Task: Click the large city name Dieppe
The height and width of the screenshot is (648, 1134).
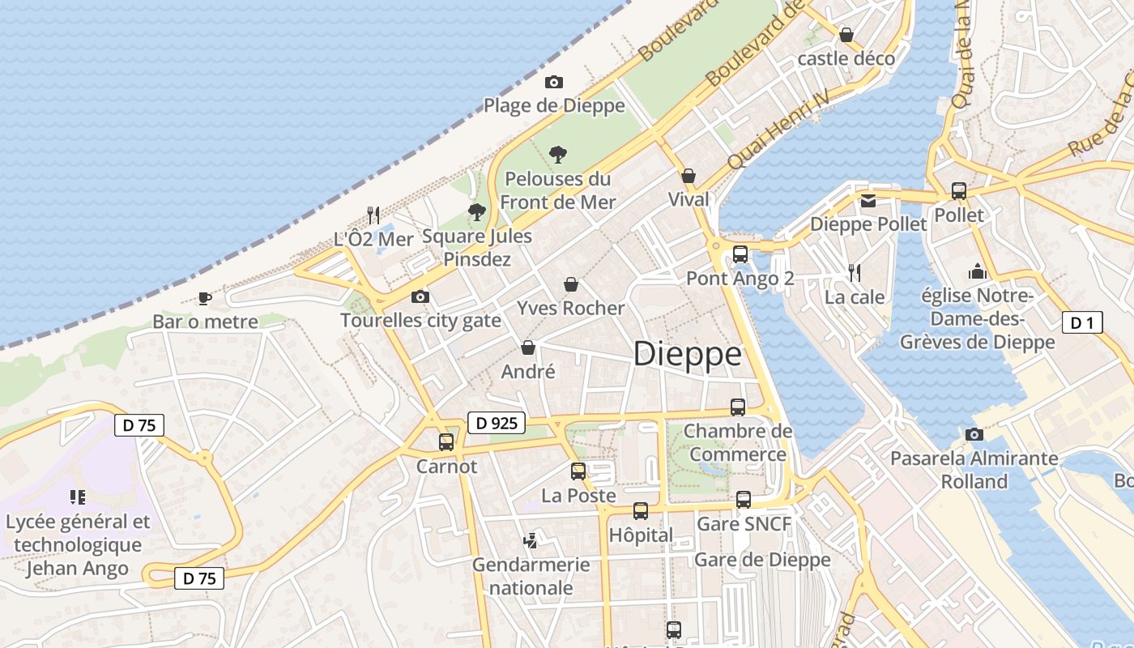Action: coord(687,355)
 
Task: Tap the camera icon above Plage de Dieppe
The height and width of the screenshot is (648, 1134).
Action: coord(554,82)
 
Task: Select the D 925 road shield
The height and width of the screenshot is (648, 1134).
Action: coord(497,422)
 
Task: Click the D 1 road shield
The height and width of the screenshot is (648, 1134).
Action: coord(1081,323)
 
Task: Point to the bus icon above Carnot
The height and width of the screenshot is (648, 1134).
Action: coord(446,442)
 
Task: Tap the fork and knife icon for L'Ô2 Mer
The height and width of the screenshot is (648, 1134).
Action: coord(373,215)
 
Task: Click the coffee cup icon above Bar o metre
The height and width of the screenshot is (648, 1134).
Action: coord(205,298)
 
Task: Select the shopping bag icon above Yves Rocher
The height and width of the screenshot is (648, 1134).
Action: coord(571,284)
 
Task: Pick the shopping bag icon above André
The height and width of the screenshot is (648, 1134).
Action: coord(528,347)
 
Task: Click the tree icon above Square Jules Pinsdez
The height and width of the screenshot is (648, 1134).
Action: coord(477,212)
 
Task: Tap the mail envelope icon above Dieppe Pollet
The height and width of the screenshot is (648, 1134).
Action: coord(868,201)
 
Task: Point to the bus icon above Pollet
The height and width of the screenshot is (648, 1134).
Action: coord(959,191)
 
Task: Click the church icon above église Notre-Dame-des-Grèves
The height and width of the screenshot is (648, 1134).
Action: coord(978,271)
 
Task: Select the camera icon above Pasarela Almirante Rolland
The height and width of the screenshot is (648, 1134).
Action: coord(974,435)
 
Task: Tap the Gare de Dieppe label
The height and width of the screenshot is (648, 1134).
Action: coord(762,560)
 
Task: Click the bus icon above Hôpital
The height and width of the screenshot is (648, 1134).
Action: coord(641,511)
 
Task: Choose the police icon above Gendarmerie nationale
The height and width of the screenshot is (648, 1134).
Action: coord(531,540)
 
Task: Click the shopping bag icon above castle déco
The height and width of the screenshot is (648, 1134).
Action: coord(846,35)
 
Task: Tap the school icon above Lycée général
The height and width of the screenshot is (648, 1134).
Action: coord(78,497)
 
